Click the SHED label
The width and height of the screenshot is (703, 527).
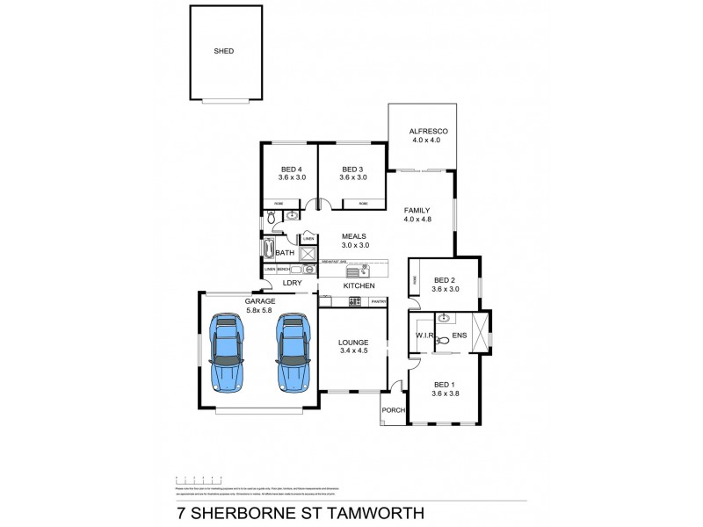click(224, 52)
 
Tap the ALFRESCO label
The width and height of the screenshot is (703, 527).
click(422, 131)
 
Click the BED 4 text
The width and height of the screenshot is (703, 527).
click(291, 169)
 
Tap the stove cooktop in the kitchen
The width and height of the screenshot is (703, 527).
click(354, 302)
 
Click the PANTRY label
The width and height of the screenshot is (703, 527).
click(379, 302)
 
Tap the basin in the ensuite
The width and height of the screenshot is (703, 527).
click(445, 318)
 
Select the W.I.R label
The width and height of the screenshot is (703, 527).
click(426, 336)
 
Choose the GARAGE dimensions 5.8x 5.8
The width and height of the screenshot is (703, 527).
click(259, 309)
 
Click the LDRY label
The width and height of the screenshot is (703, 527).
click(292, 283)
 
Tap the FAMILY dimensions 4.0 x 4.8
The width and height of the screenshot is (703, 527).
click(418, 220)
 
